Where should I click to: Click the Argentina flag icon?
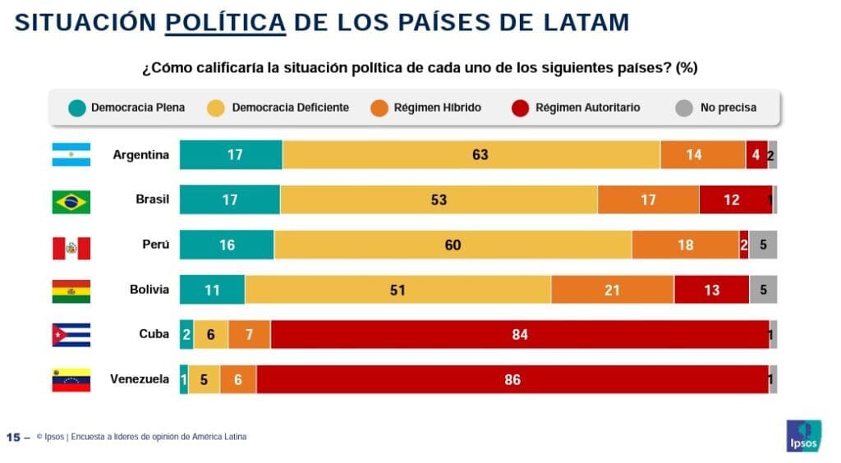coord(71,154)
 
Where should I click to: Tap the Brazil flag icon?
coord(71,200)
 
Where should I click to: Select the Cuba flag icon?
coord(71,335)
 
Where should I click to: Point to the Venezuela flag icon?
coord(71,380)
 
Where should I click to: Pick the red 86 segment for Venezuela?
coord(512,380)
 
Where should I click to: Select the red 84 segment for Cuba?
coord(519,335)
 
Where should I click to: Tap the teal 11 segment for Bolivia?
coord(212,290)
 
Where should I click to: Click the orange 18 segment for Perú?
coord(685,245)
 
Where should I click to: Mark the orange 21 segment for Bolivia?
coord(612,290)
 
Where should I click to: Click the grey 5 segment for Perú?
coord(763,245)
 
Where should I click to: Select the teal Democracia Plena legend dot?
coord(76,108)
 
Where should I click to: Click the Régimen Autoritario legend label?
coord(587,108)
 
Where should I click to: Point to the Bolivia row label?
coord(149,290)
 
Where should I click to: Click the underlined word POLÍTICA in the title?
coord(225,22)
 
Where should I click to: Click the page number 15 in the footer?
coord(13,437)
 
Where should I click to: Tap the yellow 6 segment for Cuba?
coord(211,335)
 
